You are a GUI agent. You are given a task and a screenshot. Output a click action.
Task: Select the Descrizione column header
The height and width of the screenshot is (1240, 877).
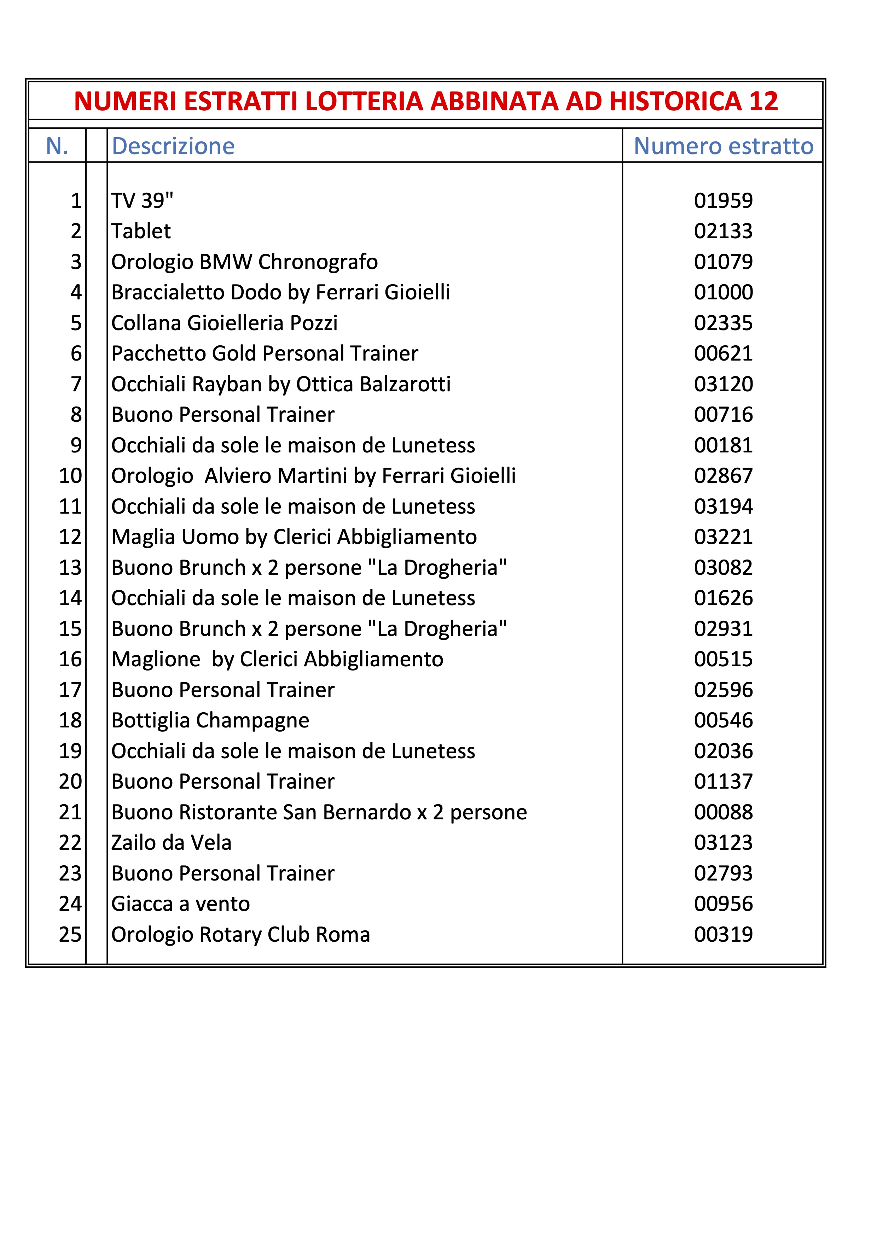(173, 146)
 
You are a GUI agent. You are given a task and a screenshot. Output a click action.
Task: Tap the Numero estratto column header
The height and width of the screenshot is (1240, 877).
(723, 146)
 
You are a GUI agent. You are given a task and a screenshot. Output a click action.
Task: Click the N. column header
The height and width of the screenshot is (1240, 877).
(57, 146)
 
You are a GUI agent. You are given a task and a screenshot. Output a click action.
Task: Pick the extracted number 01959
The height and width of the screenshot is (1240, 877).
(723, 201)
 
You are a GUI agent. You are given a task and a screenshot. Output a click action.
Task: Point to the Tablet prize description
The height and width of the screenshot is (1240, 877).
(141, 231)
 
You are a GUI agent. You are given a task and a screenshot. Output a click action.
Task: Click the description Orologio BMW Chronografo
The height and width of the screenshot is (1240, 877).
(244, 262)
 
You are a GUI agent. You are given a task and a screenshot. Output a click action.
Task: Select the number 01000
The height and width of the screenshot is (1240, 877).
(723, 292)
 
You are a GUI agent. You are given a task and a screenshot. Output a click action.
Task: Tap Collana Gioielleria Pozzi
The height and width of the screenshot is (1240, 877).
(224, 323)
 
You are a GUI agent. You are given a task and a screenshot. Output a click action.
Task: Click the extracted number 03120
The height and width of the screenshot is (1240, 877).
(723, 384)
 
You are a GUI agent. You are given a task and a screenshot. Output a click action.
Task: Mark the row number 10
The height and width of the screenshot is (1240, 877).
(70, 476)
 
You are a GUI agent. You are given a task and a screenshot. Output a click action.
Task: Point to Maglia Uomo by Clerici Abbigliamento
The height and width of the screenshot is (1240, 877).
(294, 537)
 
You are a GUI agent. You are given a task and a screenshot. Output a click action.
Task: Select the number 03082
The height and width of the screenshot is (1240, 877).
(723, 568)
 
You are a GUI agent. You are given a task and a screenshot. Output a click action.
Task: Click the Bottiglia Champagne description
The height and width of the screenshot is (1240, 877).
(210, 720)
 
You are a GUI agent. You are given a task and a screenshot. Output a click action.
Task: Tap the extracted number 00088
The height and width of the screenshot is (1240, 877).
(723, 812)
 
